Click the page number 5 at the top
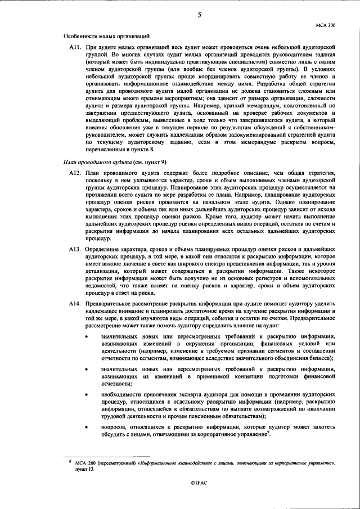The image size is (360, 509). pos(199,15)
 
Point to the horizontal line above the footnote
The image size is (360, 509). pos(107,457)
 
